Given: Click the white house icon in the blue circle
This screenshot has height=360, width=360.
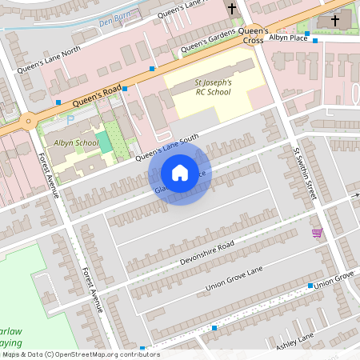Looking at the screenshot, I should (x=180, y=172).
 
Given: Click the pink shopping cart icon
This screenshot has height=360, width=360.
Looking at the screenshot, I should (x=317, y=233).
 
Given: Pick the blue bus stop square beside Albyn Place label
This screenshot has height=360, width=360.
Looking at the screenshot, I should (x=315, y=40).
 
